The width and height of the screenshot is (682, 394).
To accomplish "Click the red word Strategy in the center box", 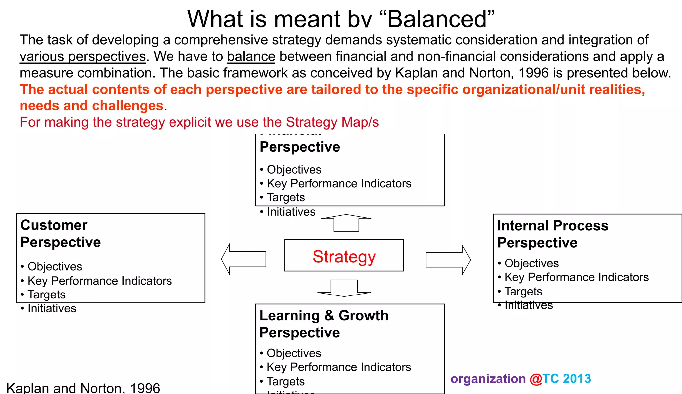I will (344, 256).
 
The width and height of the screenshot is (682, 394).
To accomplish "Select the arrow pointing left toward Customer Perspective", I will (244, 259).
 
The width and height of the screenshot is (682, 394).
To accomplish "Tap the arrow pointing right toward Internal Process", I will (448, 260).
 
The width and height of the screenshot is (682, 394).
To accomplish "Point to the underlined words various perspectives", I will (83, 56).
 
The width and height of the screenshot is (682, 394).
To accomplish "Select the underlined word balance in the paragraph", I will (251, 56).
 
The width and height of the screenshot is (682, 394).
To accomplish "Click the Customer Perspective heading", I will (60, 233).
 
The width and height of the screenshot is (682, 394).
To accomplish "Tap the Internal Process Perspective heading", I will (552, 234).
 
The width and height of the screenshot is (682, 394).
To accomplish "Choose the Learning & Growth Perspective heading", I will (324, 324).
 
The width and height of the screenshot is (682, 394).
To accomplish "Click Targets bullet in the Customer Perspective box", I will (46, 295).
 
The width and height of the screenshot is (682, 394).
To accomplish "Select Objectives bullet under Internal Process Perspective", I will (531, 263).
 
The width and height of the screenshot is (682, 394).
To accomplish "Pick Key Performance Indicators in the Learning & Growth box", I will (339, 367).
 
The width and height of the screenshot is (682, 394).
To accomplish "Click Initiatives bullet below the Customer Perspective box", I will (52, 308).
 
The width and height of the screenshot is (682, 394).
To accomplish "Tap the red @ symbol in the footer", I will (536, 379).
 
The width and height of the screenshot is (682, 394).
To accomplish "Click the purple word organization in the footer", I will (488, 379).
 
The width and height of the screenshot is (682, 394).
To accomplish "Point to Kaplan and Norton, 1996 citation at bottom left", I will (83, 388).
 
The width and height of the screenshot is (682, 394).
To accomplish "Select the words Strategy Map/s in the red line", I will (332, 122).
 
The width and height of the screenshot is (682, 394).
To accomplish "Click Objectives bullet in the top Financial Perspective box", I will (294, 169).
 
